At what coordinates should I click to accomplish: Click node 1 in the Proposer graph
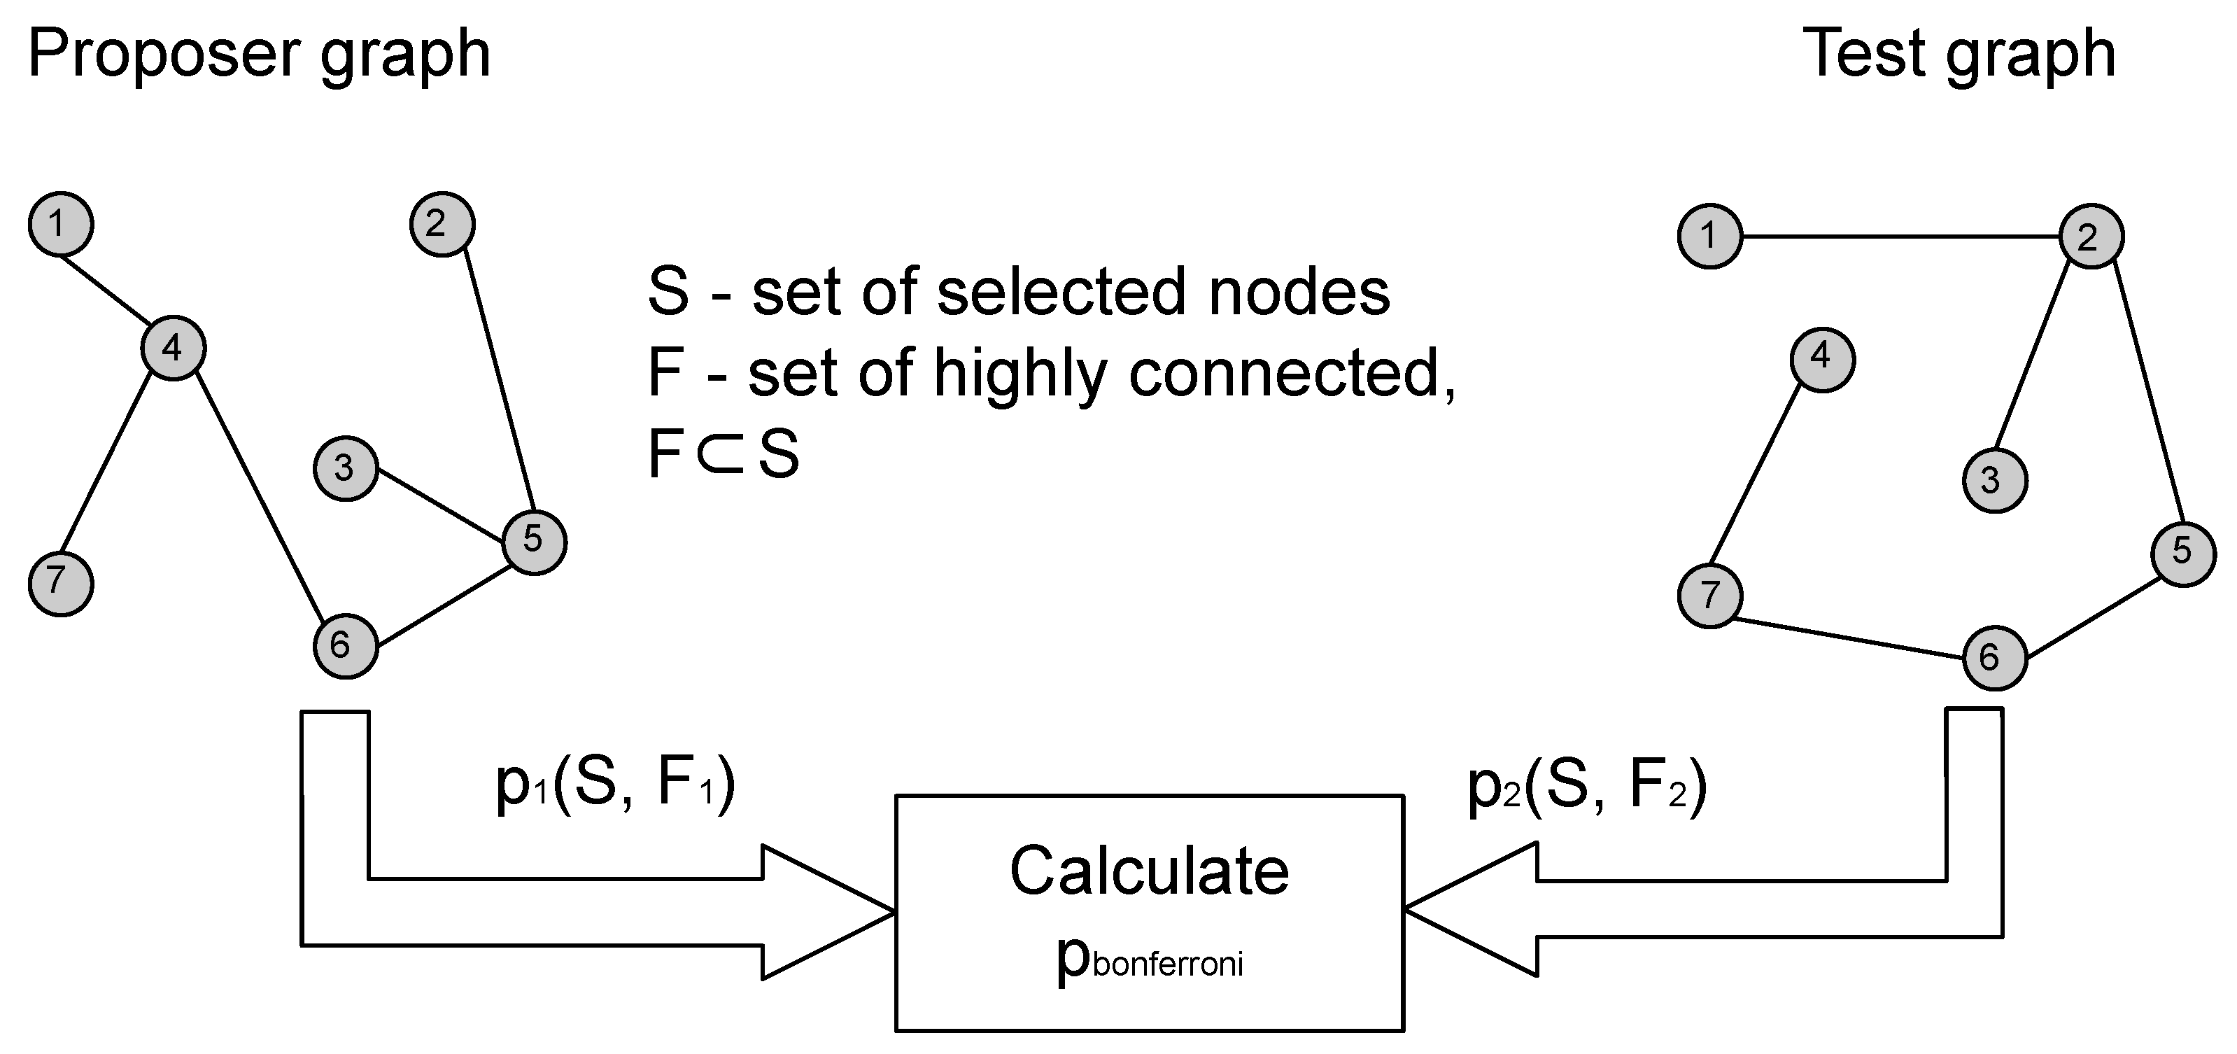tap(61, 224)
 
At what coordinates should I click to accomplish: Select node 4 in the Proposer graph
tap(173, 349)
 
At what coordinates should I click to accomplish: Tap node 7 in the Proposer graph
tap(61, 584)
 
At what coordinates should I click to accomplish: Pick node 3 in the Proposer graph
tap(346, 469)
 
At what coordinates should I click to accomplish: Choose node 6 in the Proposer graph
tap(346, 645)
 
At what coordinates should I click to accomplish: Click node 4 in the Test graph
tap(1822, 360)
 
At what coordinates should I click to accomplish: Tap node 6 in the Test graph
tap(1995, 658)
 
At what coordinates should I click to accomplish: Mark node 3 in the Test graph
tap(1995, 481)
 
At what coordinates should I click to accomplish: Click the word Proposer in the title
tap(165, 54)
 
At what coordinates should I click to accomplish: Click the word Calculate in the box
tap(1149, 871)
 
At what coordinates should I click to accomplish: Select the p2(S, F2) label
tap(1586, 785)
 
